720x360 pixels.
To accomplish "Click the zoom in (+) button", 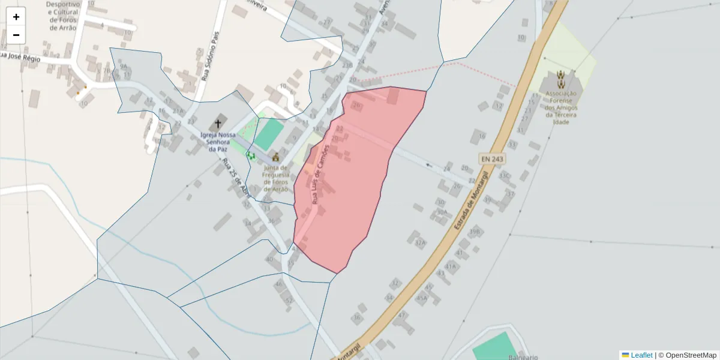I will [x=16, y=17].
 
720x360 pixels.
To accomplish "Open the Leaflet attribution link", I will [x=641, y=355].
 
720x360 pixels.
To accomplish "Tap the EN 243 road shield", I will [x=492, y=159].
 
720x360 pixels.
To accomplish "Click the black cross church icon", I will [x=218, y=124].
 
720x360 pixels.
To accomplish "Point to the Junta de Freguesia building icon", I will [x=276, y=157].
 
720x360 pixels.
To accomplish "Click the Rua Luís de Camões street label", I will [x=319, y=174].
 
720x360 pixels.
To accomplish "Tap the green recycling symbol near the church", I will [x=250, y=155].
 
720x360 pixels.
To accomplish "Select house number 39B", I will [x=475, y=232].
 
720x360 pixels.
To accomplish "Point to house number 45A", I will [x=422, y=298].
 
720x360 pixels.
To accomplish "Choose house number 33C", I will [x=505, y=176].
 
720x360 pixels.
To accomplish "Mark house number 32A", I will [x=420, y=243].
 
